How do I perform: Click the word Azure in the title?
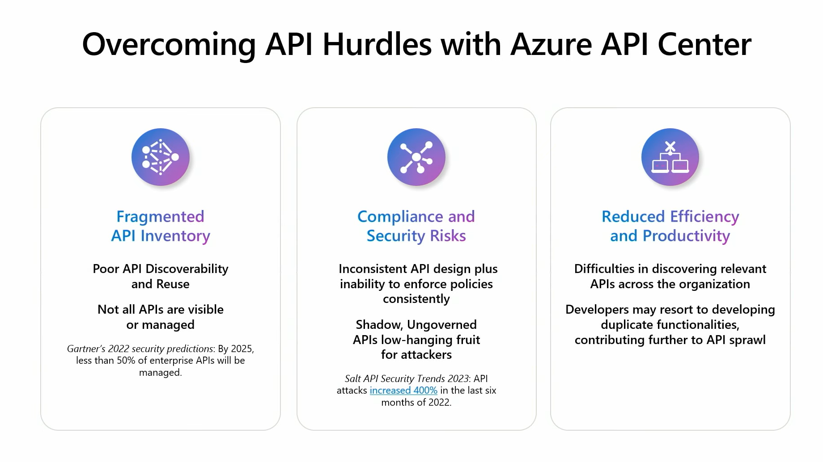pos(551,45)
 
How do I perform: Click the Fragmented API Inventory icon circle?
pos(161,157)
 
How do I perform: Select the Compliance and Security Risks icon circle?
pos(416,157)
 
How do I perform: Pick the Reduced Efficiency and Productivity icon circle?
pos(670,157)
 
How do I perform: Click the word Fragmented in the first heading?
pos(161,217)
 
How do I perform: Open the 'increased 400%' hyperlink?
pos(403,391)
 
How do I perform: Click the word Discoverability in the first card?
pos(187,269)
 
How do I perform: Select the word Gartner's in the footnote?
pos(86,349)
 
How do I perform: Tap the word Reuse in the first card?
pos(173,284)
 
